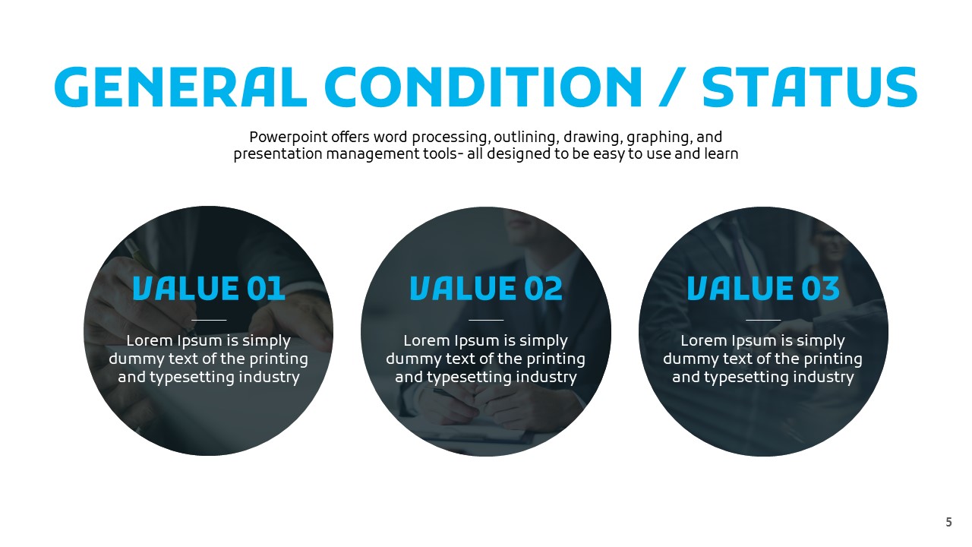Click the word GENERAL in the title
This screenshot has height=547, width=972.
click(181, 87)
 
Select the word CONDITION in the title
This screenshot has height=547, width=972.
click(483, 87)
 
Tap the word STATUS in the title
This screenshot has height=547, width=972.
click(809, 87)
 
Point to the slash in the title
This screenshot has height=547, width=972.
click(672, 87)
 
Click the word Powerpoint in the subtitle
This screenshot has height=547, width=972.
click(288, 138)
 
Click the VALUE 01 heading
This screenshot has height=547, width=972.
click(209, 288)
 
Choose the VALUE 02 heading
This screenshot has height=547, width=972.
click(486, 288)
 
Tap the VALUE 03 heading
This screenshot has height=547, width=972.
click(763, 288)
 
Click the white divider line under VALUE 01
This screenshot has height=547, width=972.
click(209, 320)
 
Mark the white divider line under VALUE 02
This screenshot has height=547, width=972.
click(486, 320)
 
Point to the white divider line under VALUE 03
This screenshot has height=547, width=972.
click(763, 320)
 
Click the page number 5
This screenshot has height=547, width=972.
click(949, 522)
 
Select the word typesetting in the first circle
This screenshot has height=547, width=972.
click(192, 378)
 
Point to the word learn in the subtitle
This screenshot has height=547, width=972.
click(721, 154)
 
